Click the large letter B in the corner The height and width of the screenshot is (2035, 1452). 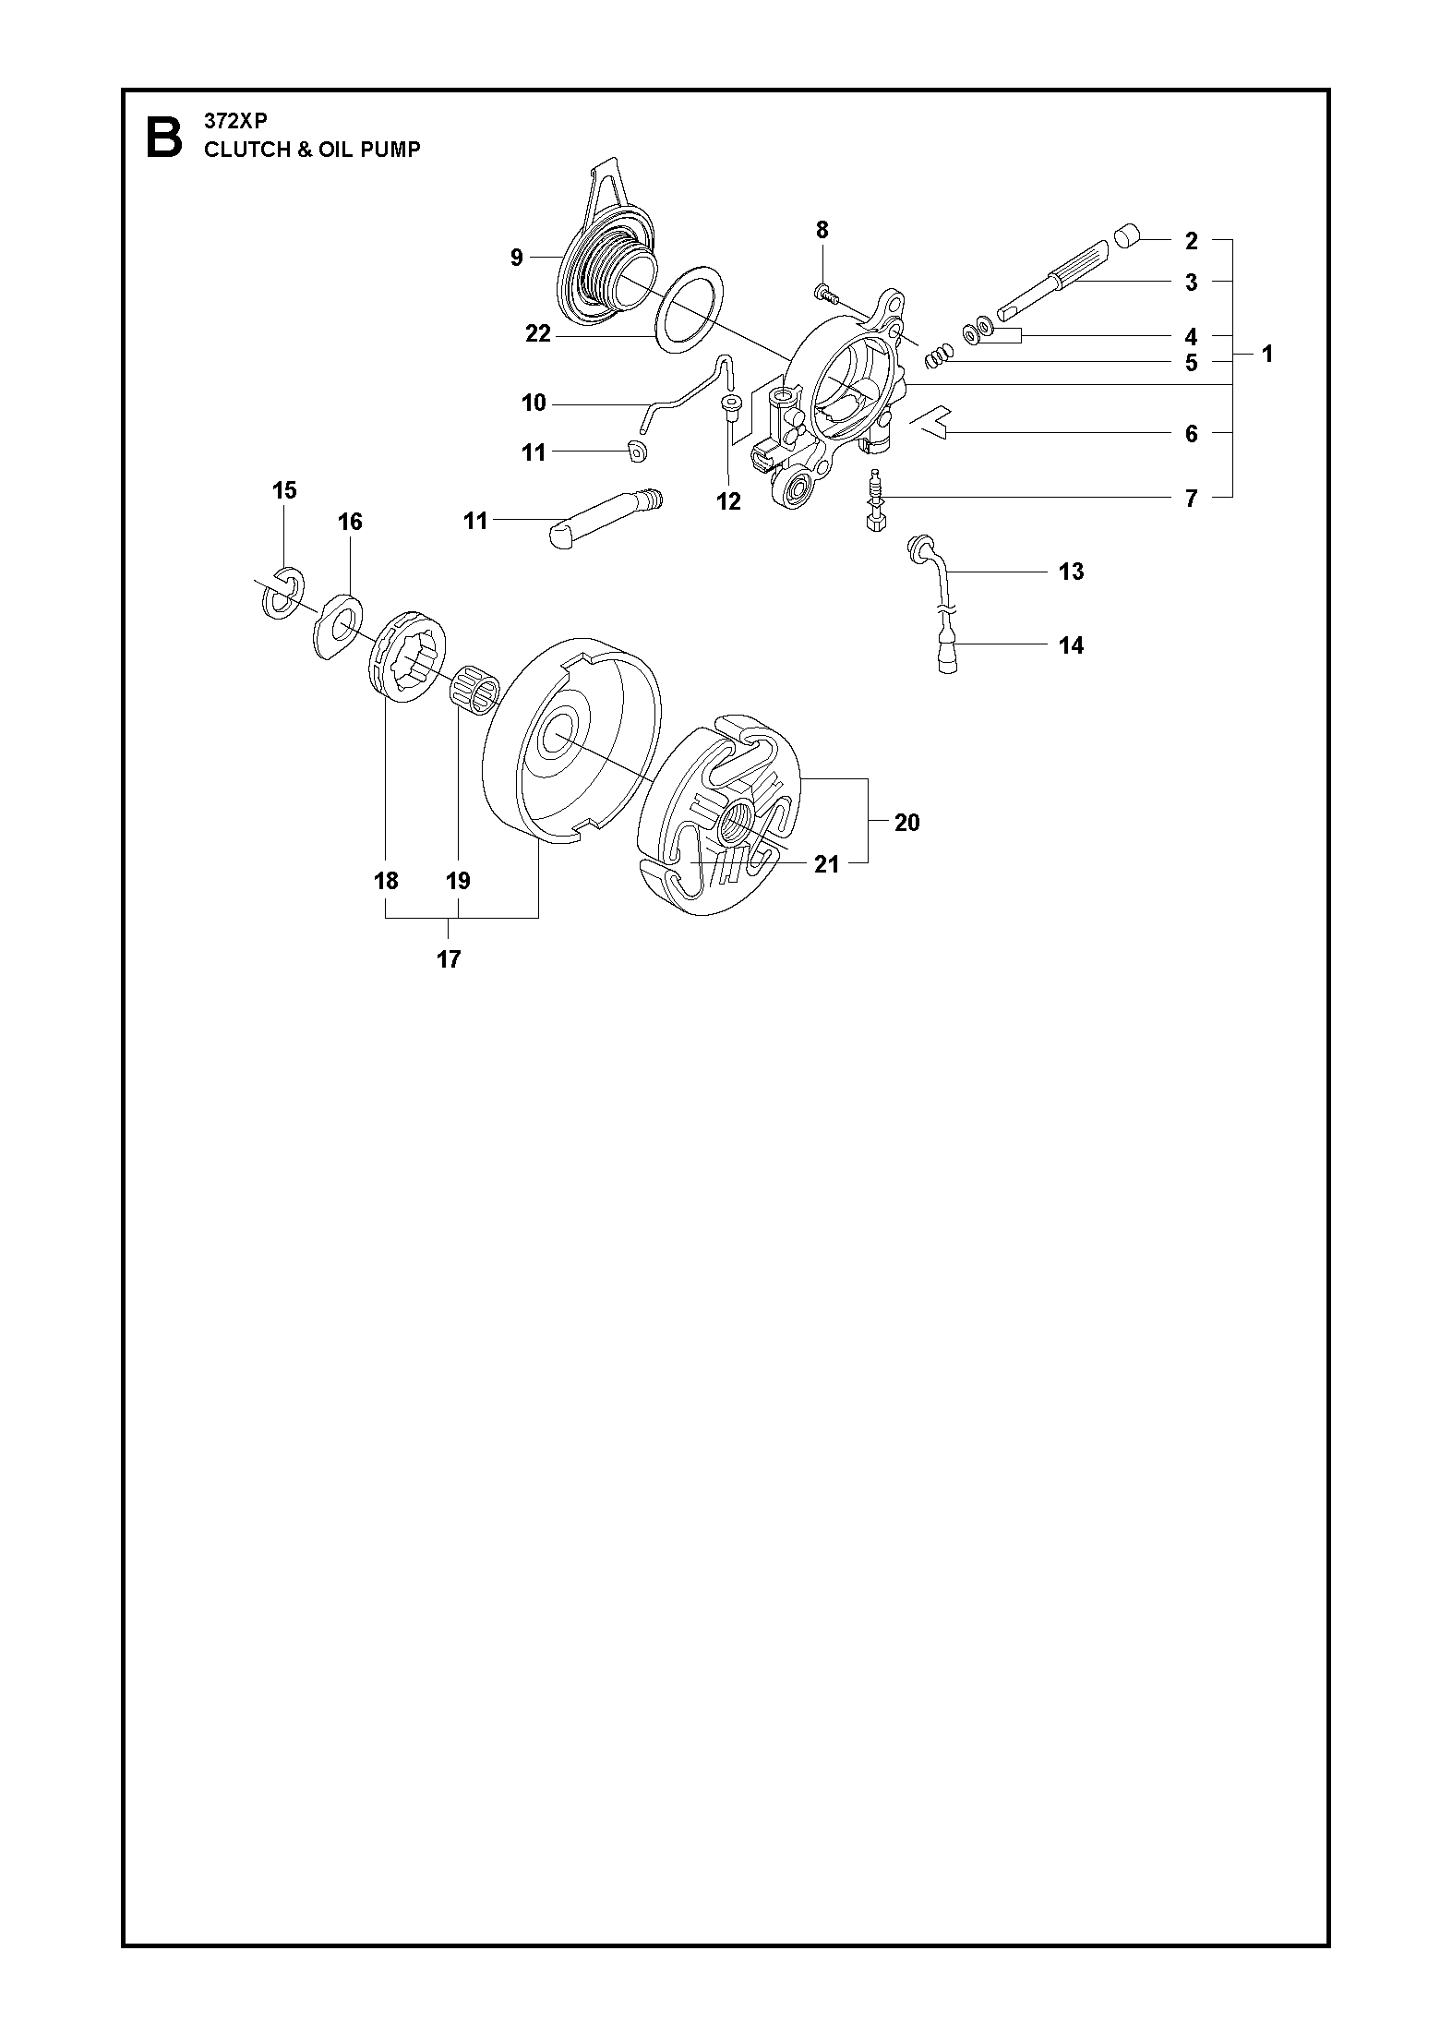click(x=164, y=138)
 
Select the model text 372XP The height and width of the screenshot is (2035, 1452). click(x=235, y=121)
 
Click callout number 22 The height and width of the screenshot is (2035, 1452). click(x=538, y=334)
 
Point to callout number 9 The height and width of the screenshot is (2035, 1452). click(x=517, y=258)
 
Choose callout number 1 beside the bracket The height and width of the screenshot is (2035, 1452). click(x=1267, y=354)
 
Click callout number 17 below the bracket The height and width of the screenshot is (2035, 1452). click(x=449, y=959)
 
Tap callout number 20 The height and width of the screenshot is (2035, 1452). click(x=906, y=822)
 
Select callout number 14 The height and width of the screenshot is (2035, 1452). click(x=1071, y=644)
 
